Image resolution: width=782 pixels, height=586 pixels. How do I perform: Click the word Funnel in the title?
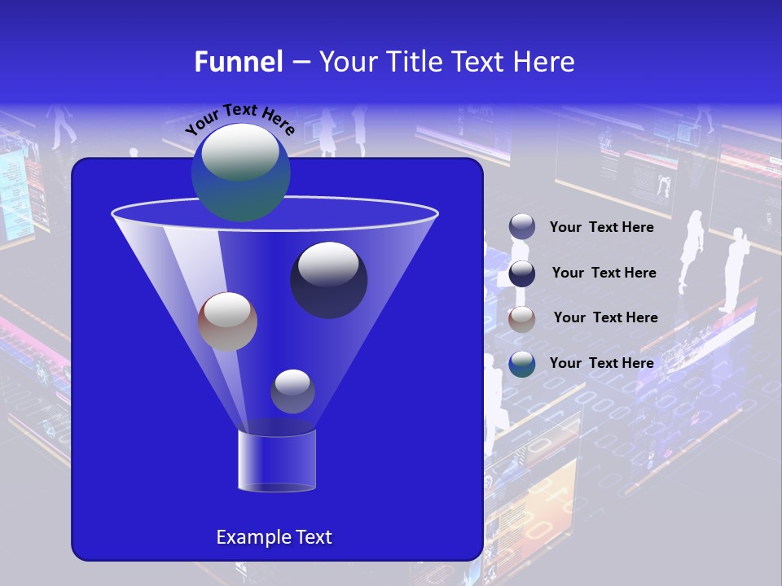[238, 62]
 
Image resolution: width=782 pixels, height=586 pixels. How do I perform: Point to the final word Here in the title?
[544, 62]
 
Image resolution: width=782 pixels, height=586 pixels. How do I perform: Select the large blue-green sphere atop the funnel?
[241, 173]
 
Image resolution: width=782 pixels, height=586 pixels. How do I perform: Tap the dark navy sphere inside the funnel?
[329, 280]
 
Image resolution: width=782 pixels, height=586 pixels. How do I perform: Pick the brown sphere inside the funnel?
[227, 321]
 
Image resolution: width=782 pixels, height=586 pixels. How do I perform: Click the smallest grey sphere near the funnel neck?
[292, 391]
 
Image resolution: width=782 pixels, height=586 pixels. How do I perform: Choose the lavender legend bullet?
[522, 227]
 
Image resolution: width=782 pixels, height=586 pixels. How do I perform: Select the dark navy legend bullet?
[522, 273]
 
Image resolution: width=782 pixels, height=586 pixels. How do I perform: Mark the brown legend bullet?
[522, 319]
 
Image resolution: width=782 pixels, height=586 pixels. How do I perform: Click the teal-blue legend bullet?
[522, 364]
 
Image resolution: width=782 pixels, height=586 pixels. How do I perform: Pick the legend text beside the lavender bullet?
[601, 228]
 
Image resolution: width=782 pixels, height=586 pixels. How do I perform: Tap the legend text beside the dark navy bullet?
[604, 273]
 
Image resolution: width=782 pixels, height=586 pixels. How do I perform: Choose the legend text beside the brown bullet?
[605, 318]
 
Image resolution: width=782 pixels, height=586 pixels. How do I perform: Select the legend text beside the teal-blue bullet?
[601, 363]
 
